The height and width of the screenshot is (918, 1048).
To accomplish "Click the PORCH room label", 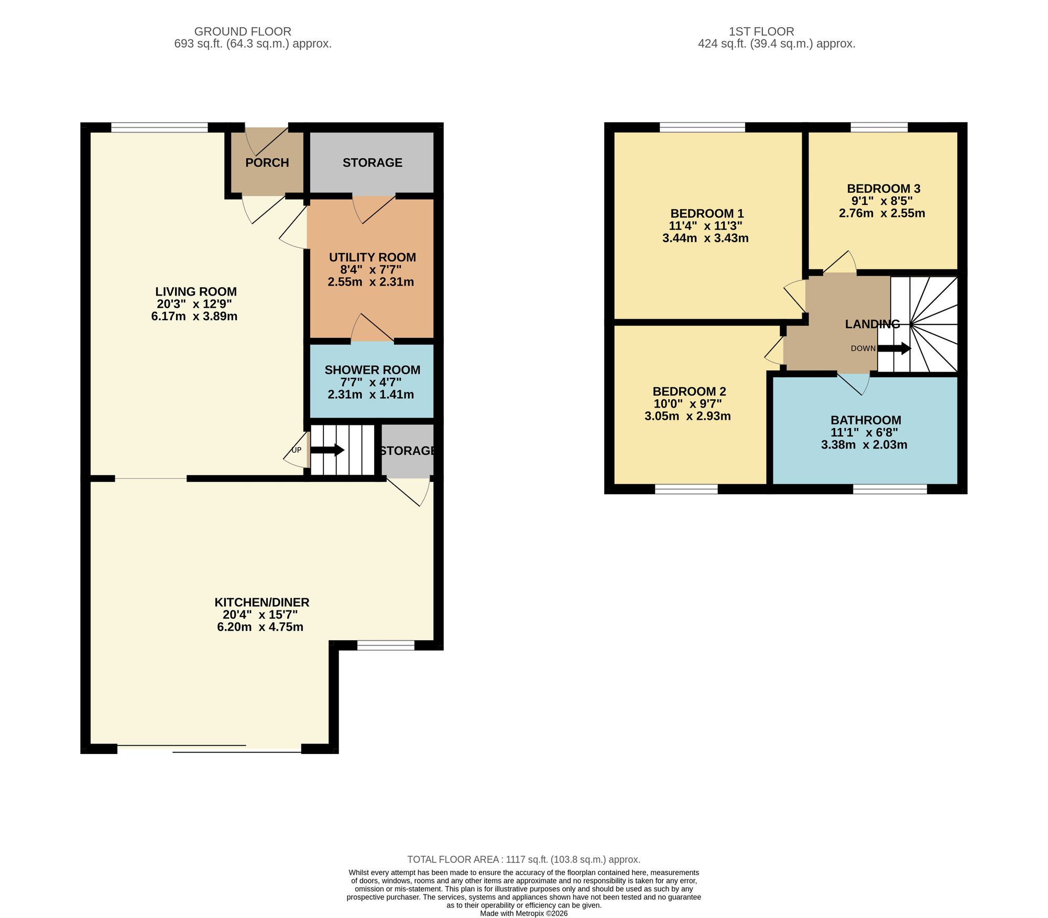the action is (267, 162).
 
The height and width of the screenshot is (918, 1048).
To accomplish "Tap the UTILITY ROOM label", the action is (373, 257).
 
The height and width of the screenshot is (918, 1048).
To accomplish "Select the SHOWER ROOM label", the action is (373, 370).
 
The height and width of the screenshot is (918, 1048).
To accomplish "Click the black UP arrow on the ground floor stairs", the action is (327, 450).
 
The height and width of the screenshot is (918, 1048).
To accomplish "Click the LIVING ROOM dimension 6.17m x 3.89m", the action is (194, 316).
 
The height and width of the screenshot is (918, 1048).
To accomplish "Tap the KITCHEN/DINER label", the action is (262, 603).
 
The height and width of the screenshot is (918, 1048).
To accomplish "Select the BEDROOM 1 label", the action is (707, 214).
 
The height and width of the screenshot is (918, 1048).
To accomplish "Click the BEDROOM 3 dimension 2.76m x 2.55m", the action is (882, 214).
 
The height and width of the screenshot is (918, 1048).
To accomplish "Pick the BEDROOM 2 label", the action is (689, 391).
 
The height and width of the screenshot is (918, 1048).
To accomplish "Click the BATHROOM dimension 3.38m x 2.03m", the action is (864, 445).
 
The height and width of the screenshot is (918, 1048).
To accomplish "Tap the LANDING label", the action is (872, 324).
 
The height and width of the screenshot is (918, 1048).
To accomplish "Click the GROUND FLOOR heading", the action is (243, 31).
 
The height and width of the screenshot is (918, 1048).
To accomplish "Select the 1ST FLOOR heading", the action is (761, 31).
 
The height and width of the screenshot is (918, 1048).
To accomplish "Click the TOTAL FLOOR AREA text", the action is (524, 859).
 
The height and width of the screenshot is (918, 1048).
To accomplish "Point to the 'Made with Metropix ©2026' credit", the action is (524, 913).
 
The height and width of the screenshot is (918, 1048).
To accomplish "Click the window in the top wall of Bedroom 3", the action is (879, 127).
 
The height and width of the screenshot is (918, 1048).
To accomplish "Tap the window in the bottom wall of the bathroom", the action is (890, 489).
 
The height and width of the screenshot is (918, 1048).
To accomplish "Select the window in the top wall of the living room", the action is (160, 127).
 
